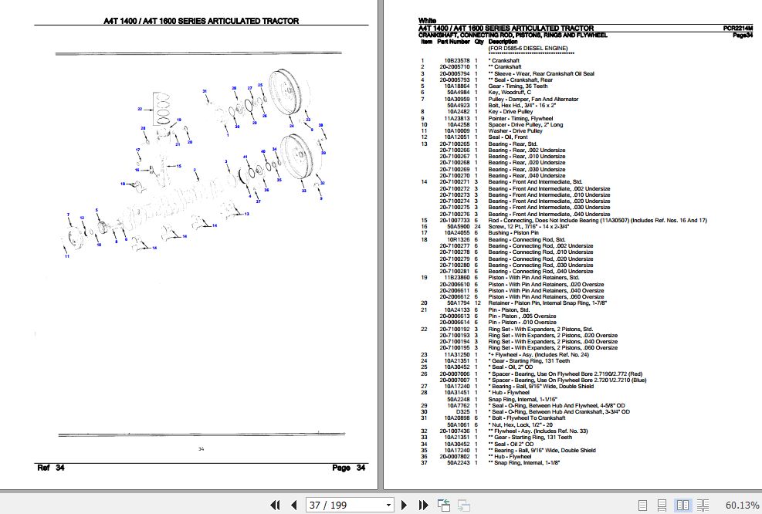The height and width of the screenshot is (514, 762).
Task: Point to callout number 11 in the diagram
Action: pyautogui.click(x=66, y=256)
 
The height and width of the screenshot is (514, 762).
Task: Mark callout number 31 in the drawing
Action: pyautogui.click(x=205, y=91)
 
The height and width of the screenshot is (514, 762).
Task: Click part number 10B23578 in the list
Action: pyautogui.click(x=454, y=60)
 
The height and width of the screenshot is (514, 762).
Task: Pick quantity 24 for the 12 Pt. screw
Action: pyautogui.click(x=477, y=226)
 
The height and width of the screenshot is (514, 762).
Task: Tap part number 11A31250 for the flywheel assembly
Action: pyautogui.click(x=454, y=354)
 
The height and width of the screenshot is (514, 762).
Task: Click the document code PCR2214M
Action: pyautogui.click(x=738, y=28)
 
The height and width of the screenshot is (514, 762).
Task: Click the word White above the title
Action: pyautogui.click(x=427, y=20)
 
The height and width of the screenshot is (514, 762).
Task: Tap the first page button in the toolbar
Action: pyautogui.click(x=274, y=505)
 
